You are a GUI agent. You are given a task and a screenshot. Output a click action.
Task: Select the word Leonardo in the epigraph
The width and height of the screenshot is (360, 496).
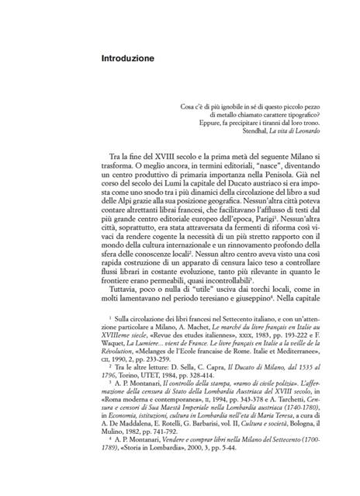click(x=303, y=130)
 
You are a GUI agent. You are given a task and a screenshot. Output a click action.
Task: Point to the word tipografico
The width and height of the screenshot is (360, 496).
click(x=293, y=113)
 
